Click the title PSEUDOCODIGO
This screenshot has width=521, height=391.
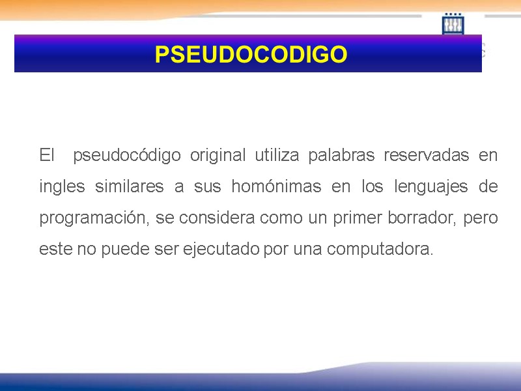pyautogui.click(x=251, y=54)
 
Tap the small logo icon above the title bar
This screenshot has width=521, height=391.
pyautogui.click(x=453, y=24)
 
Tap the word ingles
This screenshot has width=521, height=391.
pyautogui.click(x=62, y=187)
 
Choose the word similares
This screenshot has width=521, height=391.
pyautogui.click(x=128, y=187)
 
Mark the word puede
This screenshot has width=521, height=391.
pyautogui.click(x=122, y=250)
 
